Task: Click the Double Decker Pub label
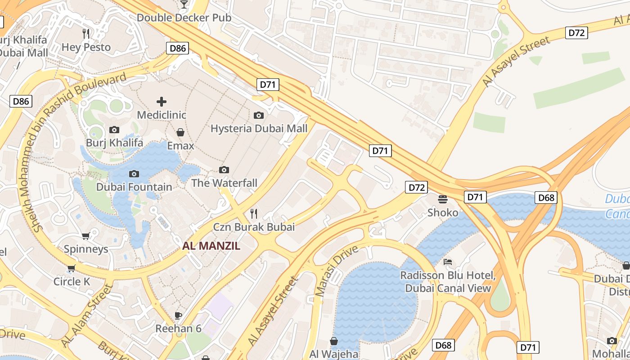coord(184,18)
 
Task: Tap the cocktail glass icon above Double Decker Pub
coord(184,4)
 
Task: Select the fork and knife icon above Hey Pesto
coord(86,33)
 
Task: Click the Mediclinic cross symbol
coord(161,102)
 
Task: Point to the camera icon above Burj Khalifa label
coord(114,130)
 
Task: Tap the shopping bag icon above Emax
coord(180,132)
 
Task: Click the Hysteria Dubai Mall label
coord(259,129)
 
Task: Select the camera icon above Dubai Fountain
coord(134,174)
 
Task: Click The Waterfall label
coord(224,183)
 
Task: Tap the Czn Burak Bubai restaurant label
coord(254,227)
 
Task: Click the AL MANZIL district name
coord(211,246)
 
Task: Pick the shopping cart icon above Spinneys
coord(85,236)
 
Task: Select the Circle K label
coord(72,282)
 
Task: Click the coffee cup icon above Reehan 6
coord(178,315)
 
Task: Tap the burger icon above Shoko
coord(442,199)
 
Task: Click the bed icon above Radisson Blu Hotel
coord(448,262)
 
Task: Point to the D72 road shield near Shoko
coord(416,187)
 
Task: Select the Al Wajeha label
coord(333,354)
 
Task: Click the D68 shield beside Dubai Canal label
coord(546,197)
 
